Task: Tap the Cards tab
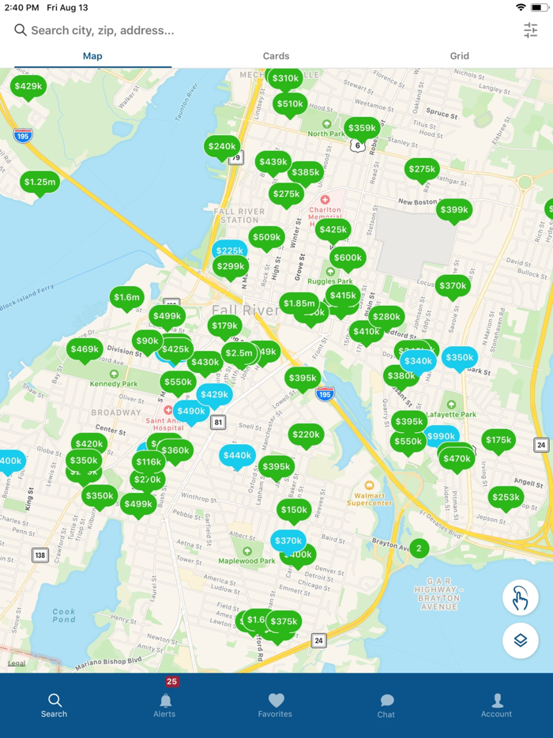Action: (276, 56)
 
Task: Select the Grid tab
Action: (459, 56)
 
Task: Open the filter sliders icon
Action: (530, 30)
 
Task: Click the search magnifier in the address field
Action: (21, 30)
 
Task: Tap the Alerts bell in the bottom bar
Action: (165, 702)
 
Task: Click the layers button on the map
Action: (520, 640)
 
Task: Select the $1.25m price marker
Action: (39, 183)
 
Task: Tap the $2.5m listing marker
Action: (239, 353)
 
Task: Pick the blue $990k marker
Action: (441, 436)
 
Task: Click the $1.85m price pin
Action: (299, 303)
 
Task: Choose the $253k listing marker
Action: (506, 497)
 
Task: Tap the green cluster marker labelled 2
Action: (419, 548)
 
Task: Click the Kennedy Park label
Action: (114, 384)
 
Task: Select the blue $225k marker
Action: (230, 251)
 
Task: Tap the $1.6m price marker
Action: (126, 298)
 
